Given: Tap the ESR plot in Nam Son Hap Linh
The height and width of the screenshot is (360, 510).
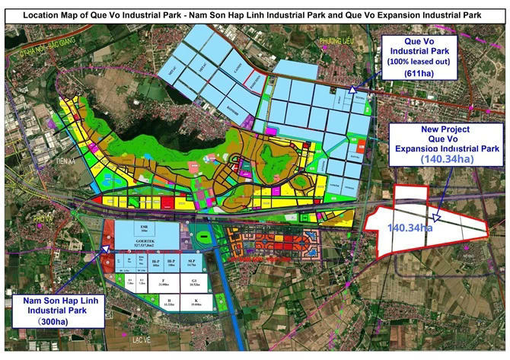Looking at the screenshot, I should [144, 228].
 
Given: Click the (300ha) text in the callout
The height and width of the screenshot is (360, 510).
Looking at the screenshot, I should [54, 323].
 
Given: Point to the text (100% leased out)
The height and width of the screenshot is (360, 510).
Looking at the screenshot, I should [419, 59].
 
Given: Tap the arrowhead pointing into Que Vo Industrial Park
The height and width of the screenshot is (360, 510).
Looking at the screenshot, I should [352, 90].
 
